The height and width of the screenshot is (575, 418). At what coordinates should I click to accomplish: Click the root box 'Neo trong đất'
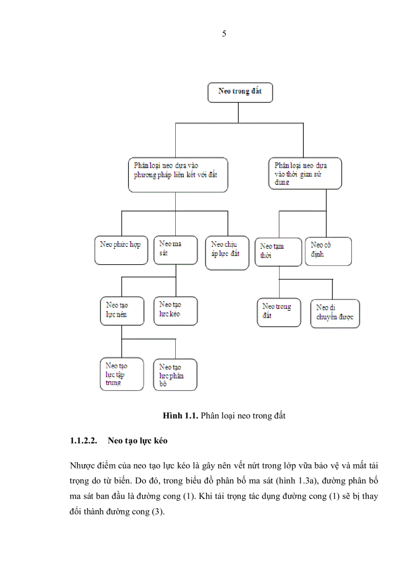pos(240,92)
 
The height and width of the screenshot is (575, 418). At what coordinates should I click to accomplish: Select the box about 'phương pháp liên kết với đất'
pos(177,175)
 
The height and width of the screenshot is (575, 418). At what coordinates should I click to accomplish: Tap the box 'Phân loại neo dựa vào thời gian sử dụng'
pos(305,174)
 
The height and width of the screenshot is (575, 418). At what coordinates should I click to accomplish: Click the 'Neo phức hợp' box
pos(121,249)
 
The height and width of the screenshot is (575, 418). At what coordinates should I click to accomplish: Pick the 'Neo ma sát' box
pos(175,249)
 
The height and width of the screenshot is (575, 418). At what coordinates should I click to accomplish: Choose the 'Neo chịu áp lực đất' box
pos(226,249)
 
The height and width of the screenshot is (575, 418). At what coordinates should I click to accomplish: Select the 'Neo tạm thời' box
pos(278,251)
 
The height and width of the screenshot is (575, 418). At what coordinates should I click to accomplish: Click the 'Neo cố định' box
pos(328,250)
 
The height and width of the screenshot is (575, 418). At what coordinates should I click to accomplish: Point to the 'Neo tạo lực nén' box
pos(121,310)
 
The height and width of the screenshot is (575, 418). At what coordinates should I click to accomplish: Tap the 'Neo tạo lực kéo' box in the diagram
pos(175,310)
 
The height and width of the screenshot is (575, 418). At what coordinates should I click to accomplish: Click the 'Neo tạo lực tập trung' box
pos(121,374)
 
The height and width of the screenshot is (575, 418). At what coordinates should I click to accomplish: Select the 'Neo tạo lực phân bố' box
pos(175,375)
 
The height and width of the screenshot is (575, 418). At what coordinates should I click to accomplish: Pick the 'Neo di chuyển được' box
pos(335,313)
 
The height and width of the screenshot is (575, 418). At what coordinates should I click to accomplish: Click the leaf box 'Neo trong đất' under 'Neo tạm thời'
pos(279,311)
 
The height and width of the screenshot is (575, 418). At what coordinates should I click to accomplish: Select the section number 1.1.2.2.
pos(85,441)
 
